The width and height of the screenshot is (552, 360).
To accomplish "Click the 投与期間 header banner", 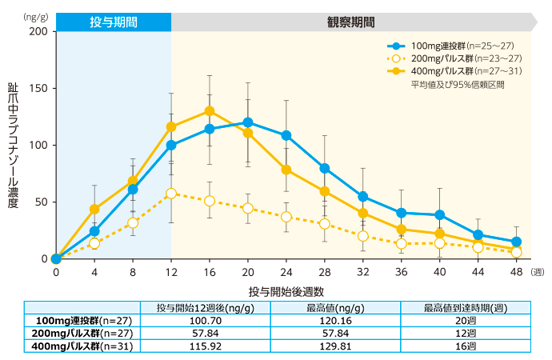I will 113,22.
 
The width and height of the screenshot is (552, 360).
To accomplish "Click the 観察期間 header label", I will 350,22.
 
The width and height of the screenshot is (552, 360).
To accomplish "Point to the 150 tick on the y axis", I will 38,88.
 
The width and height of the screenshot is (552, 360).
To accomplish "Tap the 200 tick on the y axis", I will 38,31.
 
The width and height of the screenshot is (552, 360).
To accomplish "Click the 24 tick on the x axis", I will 286,272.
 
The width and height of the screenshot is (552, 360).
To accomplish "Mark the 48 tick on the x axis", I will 516,272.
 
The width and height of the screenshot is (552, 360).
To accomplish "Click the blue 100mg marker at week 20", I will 248,122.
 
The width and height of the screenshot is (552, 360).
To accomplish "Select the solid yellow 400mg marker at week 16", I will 210,111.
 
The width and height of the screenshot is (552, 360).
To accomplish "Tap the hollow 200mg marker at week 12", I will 171,193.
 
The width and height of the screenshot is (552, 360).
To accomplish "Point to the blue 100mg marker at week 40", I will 439,214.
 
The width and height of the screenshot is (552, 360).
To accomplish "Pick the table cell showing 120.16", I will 336,321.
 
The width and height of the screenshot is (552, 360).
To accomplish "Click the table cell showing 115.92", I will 205,346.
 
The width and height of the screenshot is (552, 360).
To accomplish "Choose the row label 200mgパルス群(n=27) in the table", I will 82,334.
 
